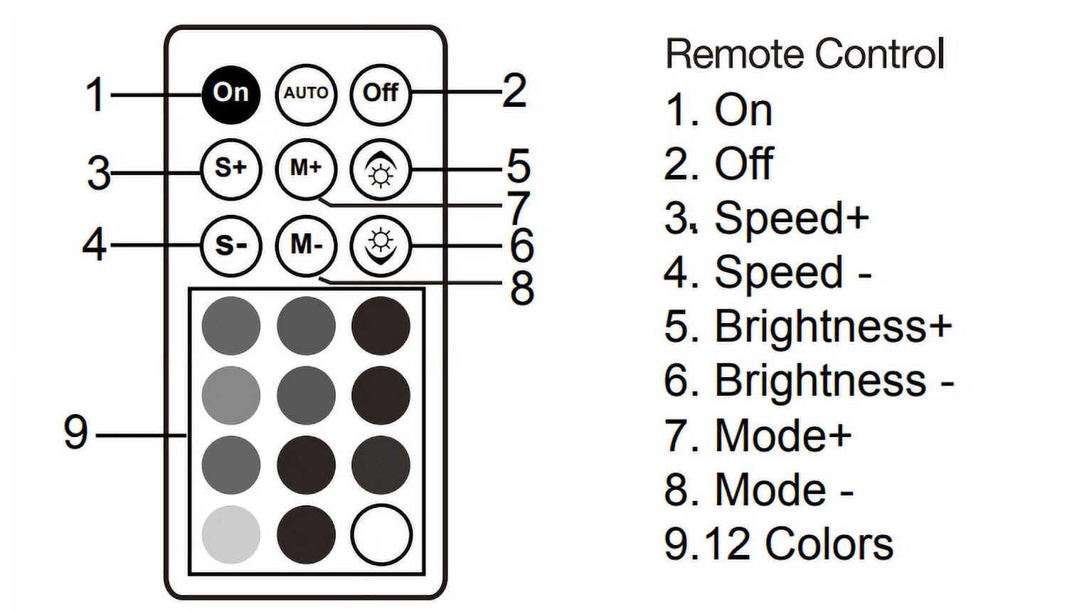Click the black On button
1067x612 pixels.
(231, 95)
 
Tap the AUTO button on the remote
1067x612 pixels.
(306, 95)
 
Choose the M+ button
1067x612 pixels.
(306, 169)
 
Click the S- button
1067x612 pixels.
(231, 246)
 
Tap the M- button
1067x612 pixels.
(306, 246)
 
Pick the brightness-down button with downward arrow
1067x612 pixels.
(381, 246)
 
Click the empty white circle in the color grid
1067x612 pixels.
(381, 534)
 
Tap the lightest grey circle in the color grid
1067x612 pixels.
(231, 534)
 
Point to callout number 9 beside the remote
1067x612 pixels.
(75, 432)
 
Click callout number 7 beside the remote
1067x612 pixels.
(519, 209)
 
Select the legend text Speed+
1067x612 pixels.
(792, 218)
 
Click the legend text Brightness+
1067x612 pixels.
(833, 326)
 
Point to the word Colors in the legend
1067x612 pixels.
(829, 544)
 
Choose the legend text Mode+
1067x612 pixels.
(783, 435)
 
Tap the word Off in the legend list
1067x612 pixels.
(744, 164)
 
